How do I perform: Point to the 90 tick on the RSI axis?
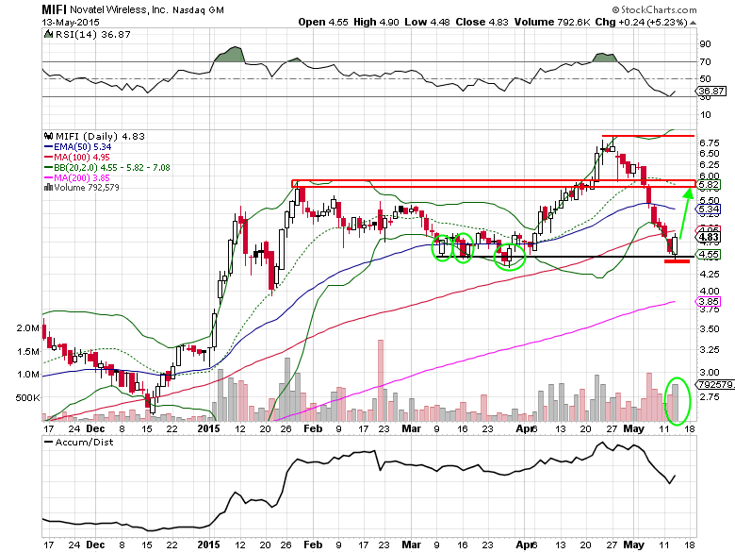(704, 43)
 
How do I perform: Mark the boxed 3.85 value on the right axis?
(709, 301)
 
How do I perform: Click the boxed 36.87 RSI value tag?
(709, 91)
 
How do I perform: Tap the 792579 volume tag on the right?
(713, 384)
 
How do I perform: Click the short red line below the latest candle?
(677, 260)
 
